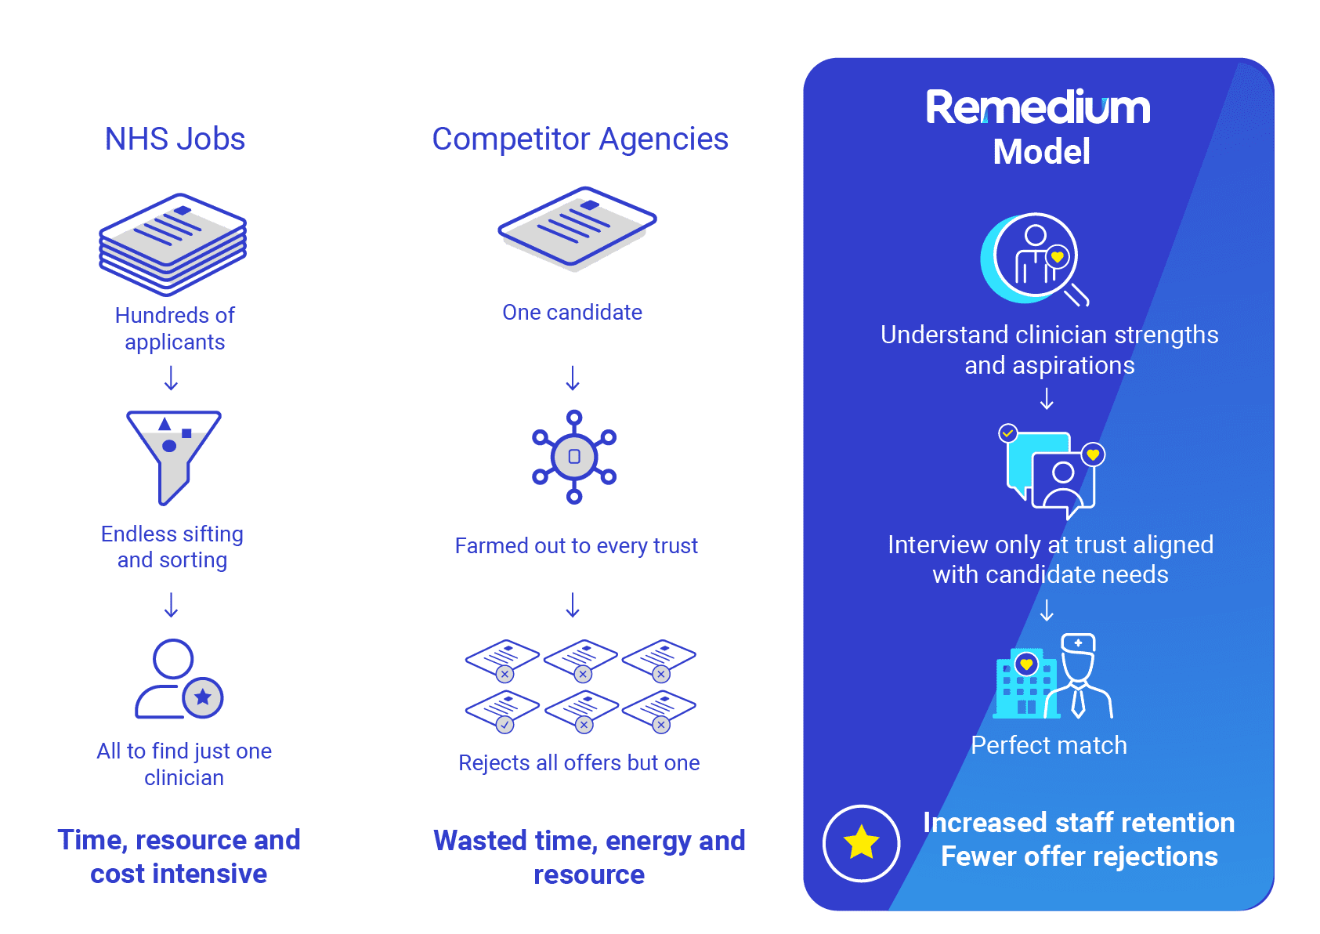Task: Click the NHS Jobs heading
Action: (175, 139)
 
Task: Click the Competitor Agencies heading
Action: (580, 139)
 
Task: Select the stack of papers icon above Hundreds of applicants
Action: (172, 244)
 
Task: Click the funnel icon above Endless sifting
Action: (173, 458)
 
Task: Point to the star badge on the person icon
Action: (203, 697)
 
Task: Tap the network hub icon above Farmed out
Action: (574, 457)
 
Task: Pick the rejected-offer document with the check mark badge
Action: (502, 711)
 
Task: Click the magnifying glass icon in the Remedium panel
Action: (1036, 259)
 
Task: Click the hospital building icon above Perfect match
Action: (1025, 682)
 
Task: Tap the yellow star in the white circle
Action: (861, 842)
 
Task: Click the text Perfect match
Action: (1048, 745)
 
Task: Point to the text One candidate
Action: (572, 313)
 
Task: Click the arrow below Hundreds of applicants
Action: (171, 378)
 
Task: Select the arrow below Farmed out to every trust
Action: (573, 605)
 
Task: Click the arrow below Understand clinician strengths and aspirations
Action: (1047, 398)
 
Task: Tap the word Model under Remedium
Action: (1041, 152)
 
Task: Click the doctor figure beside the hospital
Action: (1079, 676)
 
